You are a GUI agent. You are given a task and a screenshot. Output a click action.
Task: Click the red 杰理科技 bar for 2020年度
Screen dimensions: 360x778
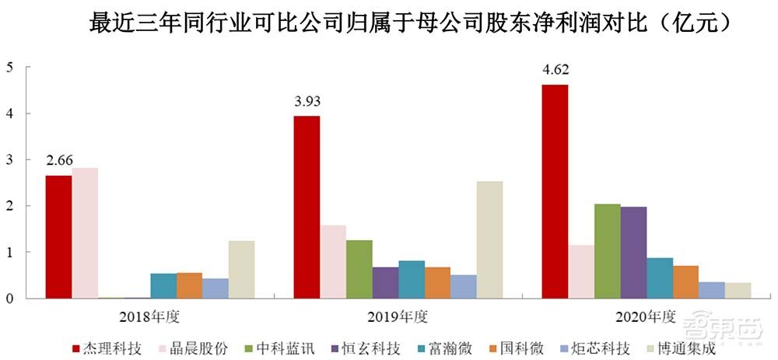coord(555,191)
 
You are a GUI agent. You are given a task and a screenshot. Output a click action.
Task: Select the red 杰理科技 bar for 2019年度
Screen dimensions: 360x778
coord(307,207)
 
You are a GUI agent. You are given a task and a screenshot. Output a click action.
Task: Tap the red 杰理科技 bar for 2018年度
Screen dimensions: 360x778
coord(58,236)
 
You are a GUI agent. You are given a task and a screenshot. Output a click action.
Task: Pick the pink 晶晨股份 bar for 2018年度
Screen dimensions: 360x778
coord(85,232)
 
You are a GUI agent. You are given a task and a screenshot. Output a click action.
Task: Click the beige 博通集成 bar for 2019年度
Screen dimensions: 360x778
coord(489,239)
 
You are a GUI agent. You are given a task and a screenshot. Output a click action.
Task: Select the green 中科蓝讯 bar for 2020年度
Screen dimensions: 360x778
coord(607,251)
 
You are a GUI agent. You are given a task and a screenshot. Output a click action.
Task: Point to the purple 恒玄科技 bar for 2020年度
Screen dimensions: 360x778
coord(633,253)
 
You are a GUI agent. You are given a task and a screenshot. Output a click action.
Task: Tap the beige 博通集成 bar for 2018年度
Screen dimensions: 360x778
coord(241,269)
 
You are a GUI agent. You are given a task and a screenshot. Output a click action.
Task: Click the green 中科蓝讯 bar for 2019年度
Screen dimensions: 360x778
coord(359,269)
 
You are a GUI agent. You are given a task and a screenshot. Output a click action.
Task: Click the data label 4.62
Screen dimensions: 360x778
coord(555,70)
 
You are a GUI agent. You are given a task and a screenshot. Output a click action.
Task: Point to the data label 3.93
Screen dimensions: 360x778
coord(307,101)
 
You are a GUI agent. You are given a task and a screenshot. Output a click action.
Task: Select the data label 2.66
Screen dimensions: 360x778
coord(59,160)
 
